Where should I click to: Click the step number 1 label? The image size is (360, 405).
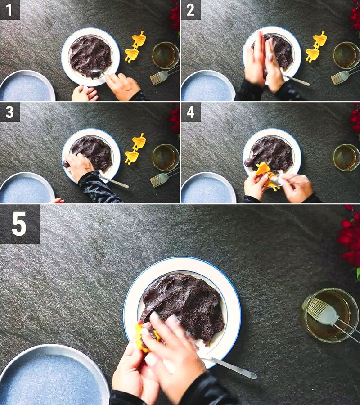[9, 9]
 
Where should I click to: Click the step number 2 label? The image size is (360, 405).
[190, 9]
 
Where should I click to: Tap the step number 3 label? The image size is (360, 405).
[9, 112]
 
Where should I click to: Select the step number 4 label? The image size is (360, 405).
[190, 112]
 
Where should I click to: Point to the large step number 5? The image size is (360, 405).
[19, 224]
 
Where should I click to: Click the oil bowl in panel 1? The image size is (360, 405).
[165, 55]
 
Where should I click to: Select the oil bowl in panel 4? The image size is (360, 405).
[346, 157]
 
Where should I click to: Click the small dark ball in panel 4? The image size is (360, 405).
[248, 162]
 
